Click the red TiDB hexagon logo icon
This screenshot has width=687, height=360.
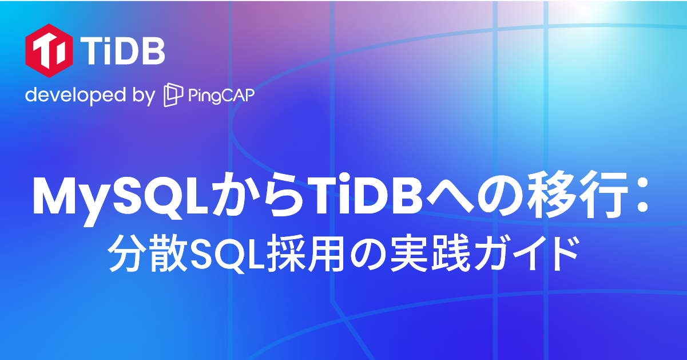[49, 50]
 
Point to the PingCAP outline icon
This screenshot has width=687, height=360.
[173, 96]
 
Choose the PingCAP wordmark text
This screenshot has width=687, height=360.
[221, 96]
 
